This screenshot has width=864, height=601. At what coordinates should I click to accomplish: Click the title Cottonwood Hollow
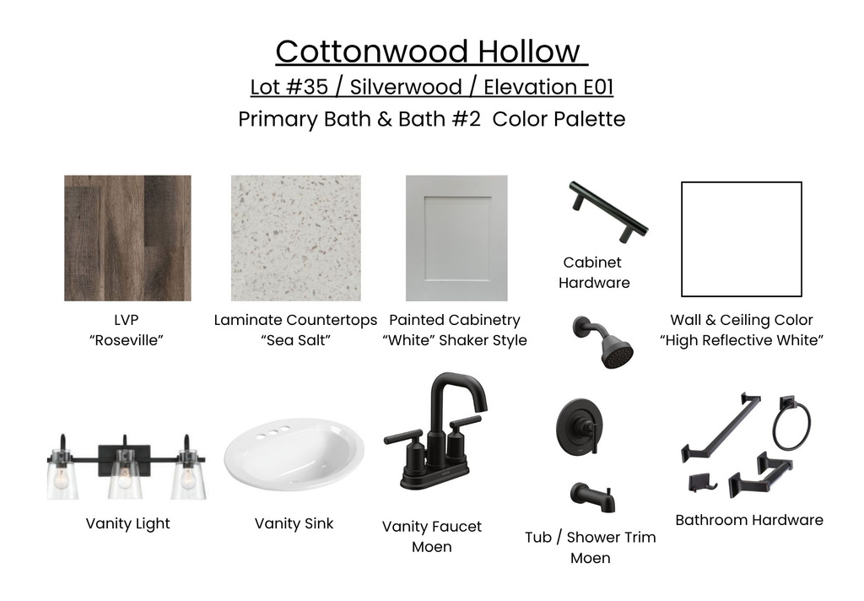(x=430, y=51)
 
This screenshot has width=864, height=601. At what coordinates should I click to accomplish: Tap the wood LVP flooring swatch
(x=127, y=238)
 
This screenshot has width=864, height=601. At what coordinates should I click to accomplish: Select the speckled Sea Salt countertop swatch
(x=296, y=238)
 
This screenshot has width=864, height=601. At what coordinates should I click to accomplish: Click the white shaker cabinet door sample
(x=456, y=238)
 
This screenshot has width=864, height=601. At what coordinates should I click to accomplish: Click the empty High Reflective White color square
(x=741, y=239)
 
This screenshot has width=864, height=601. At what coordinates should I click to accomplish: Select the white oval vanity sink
(x=294, y=455)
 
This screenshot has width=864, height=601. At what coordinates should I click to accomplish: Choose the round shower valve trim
(x=583, y=430)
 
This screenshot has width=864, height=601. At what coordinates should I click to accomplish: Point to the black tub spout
(x=591, y=496)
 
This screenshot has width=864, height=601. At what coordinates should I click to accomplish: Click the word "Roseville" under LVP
(x=126, y=340)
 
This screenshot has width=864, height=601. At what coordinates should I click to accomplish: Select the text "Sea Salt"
(x=295, y=340)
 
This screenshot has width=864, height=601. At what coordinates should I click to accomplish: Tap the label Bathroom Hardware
(x=749, y=520)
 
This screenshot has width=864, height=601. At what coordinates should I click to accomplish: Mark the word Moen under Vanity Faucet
(x=431, y=547)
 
